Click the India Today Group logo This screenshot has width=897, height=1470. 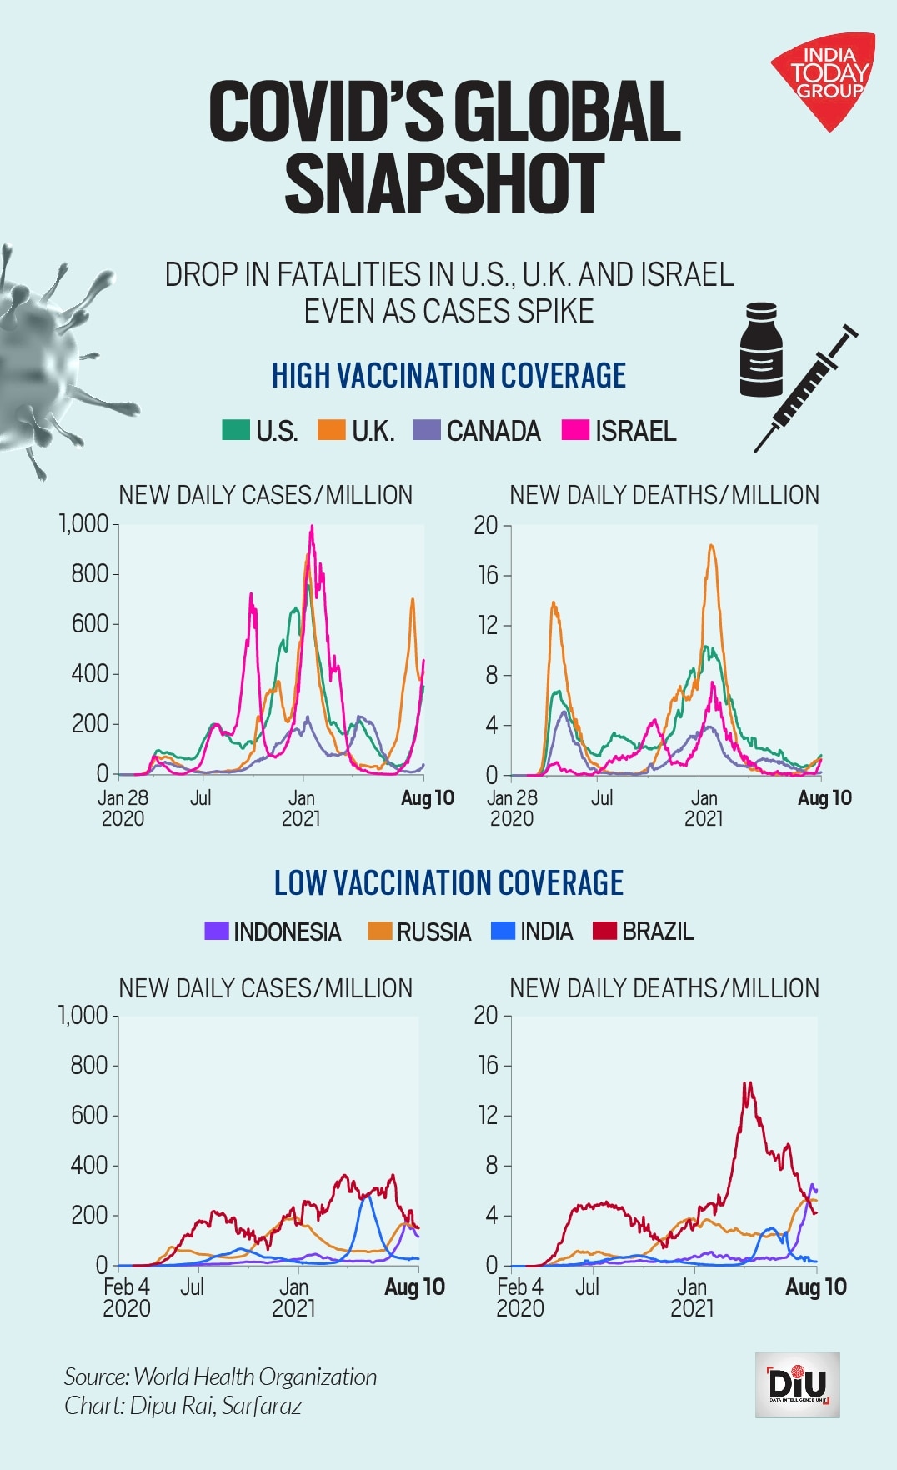823,79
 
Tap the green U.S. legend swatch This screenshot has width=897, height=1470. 236,430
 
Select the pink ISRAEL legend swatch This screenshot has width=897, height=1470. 575,430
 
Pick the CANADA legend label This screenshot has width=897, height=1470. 494,431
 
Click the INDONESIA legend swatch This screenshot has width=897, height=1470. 217,931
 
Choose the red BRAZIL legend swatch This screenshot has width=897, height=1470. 604,931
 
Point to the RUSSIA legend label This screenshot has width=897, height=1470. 433,932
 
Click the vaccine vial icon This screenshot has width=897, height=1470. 761,350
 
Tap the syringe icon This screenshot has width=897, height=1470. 806,387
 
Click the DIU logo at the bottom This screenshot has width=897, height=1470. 798,1385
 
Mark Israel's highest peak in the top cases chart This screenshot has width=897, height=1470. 312,527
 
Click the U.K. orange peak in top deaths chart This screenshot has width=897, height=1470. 712,547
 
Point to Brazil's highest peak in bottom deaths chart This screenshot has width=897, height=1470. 748,1084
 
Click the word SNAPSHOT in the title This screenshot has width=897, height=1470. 444,184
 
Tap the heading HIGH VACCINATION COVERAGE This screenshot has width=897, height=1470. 448,376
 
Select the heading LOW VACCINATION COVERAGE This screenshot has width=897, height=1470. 448,883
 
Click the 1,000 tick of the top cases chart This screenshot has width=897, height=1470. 84,524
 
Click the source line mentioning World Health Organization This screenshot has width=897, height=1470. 221,1377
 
